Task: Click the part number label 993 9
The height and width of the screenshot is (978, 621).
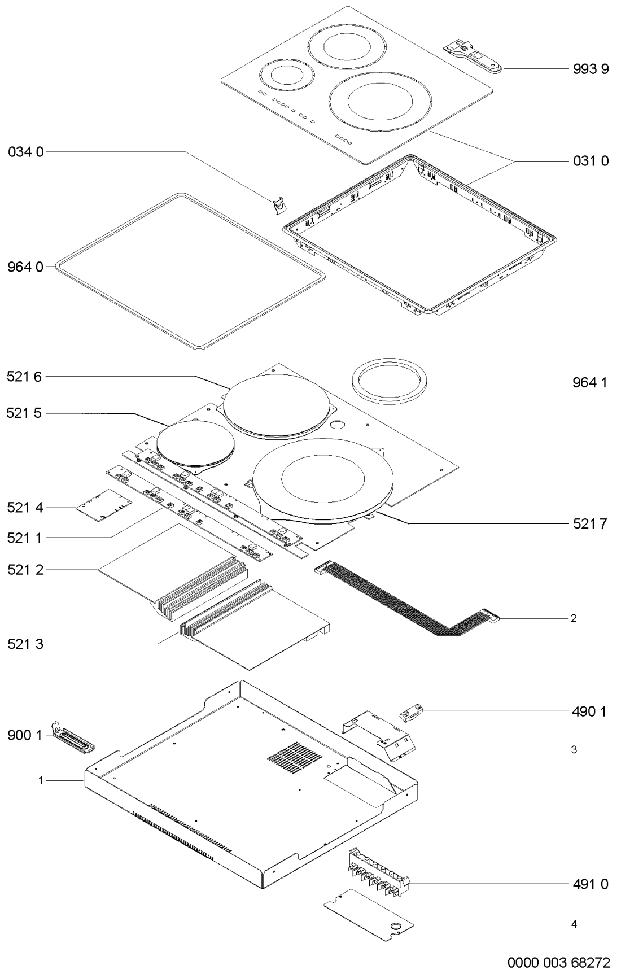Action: [588, 69]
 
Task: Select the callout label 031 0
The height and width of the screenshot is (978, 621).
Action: [588, 161]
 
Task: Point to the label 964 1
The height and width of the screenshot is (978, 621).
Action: [588, 382]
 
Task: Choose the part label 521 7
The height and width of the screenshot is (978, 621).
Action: [588, 525]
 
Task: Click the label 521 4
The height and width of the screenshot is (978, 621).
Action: [25, 508]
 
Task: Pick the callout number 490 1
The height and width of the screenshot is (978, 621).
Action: [588, 712]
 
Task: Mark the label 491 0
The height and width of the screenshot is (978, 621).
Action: [588, 884]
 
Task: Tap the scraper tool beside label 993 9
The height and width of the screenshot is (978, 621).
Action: [473, 57]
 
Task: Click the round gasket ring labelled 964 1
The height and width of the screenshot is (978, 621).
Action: [390, 382]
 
